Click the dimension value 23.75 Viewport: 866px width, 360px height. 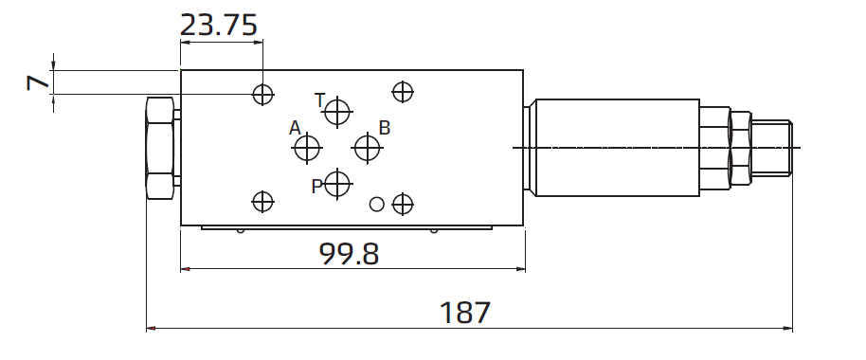219,26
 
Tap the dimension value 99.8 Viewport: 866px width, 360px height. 349,254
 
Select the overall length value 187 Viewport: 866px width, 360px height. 465,313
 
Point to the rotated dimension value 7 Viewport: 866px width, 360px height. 38,82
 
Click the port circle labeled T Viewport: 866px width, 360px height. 337,112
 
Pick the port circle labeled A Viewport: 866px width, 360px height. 307,148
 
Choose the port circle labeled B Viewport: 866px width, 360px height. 367,148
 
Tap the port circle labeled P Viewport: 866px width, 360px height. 337,183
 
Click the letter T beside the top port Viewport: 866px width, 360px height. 320,100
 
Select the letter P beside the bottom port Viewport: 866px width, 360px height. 316,187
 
